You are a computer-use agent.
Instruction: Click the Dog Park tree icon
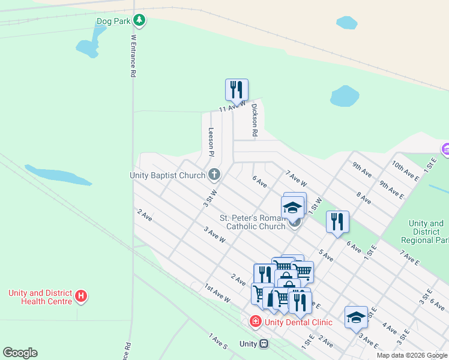coord(139,21)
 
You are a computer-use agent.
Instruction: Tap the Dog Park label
coord(113,21)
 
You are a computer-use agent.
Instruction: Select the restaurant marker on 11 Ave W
coord(237,90)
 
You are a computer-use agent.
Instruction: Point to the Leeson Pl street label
coord(211,142)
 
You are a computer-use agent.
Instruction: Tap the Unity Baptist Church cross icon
coord(214,175)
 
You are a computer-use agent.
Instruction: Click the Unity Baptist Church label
coord(167,175)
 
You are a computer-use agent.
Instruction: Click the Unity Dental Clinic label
coord(298,322)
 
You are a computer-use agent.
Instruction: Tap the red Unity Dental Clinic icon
coord(256,322)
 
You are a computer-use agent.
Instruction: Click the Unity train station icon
coord(264,344)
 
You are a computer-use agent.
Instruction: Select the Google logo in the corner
coord(20,353)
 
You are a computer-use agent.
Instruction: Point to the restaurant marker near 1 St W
coord(337,222)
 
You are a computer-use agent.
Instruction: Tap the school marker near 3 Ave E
coord(356,317)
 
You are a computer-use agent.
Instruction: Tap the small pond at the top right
coord(346,23)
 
